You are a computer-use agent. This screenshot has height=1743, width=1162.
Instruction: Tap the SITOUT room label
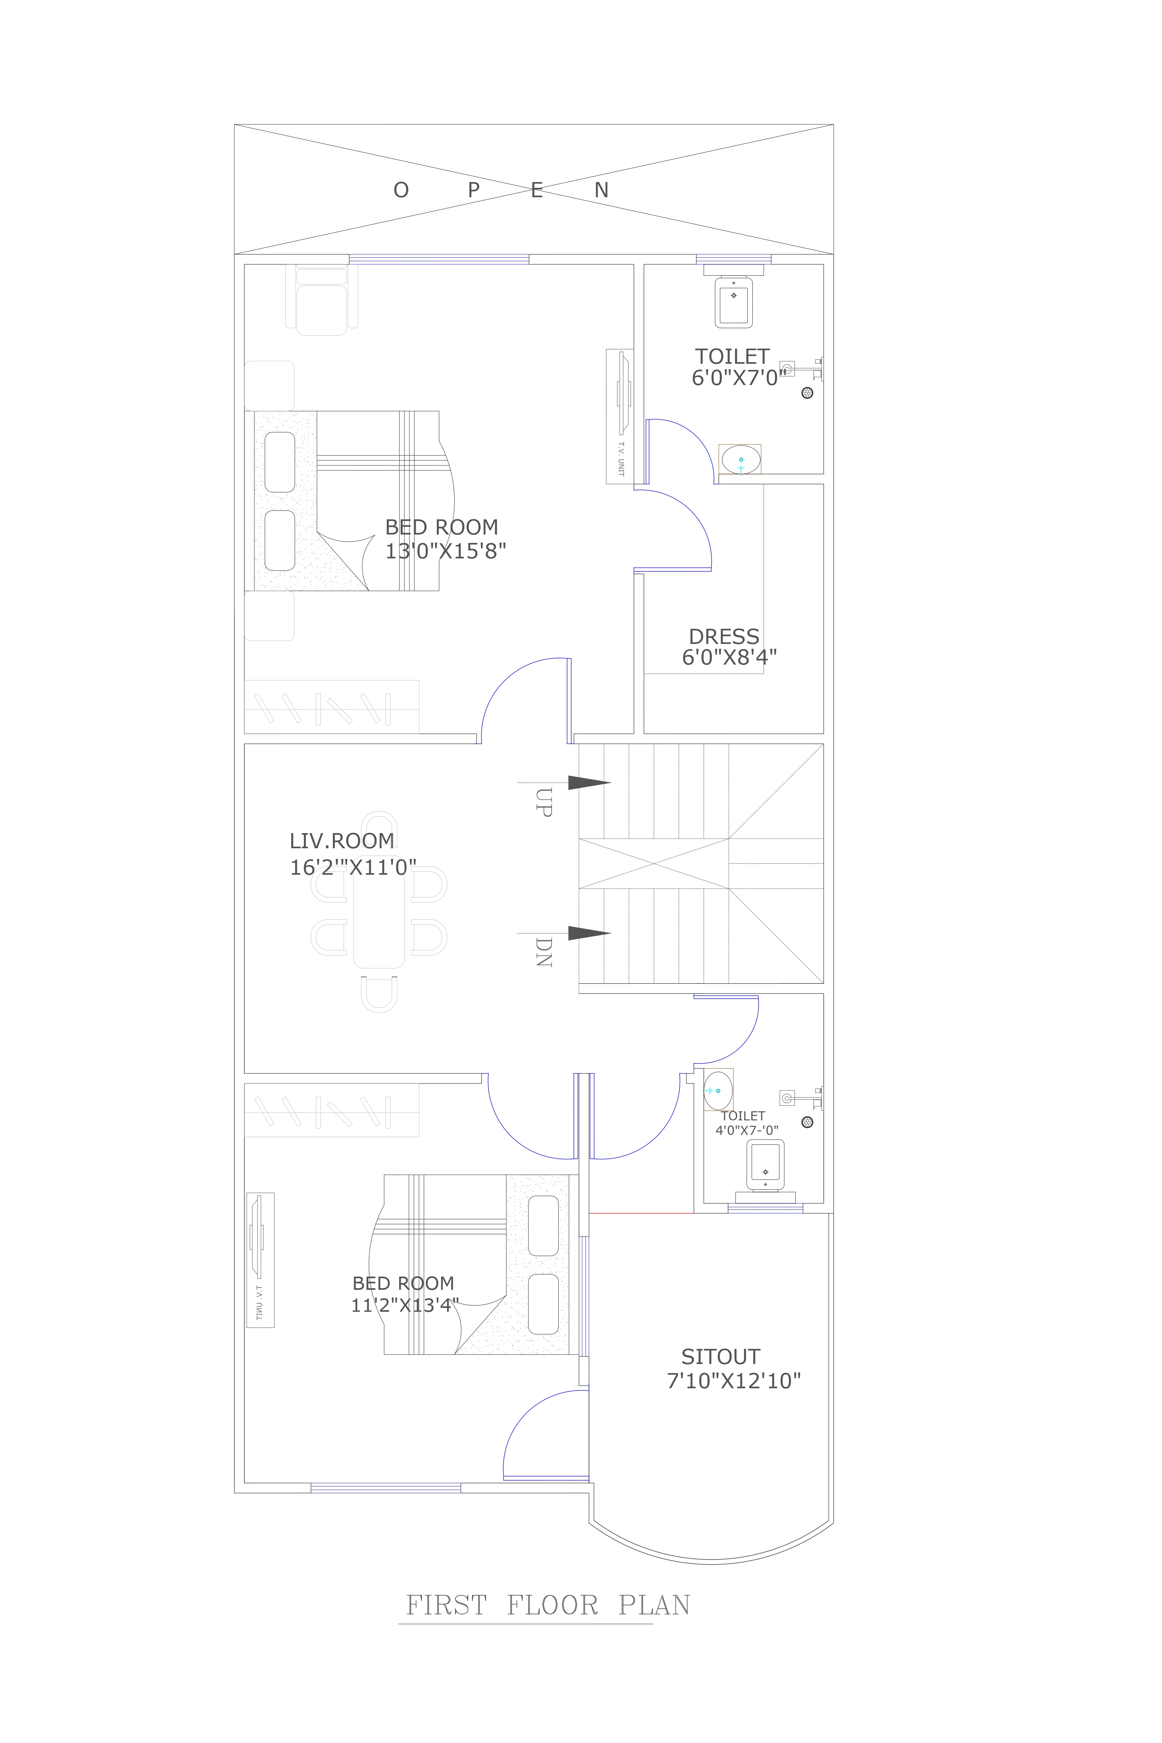(720, 1357)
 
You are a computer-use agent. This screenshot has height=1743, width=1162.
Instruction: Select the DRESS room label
(724, 637)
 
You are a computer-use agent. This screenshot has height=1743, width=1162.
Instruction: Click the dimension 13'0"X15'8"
(445, 551)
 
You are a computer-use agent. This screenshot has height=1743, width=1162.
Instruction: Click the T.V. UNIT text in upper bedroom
(621, 458)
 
